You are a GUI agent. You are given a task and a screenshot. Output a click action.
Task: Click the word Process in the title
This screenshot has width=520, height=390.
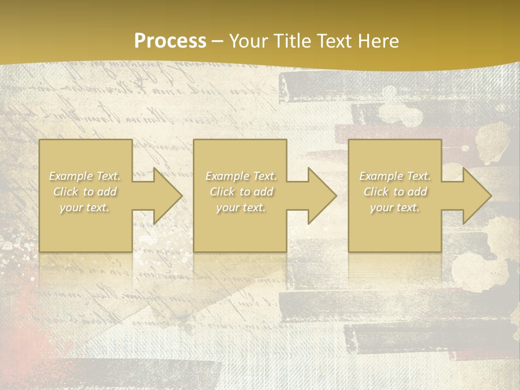click(170, 41)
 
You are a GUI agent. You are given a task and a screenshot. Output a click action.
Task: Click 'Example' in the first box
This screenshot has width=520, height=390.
click(70, 176)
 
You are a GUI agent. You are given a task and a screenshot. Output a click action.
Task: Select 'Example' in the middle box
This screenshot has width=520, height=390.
click(226, 176)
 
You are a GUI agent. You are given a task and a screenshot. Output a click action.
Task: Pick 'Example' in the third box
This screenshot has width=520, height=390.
click(380, 176)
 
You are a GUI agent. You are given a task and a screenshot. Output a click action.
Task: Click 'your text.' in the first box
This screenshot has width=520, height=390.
click(84, 207)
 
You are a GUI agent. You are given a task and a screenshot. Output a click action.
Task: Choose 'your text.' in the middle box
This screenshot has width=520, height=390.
click(240, 207)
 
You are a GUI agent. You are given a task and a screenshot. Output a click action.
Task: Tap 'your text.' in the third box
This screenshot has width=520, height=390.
click(395, 207)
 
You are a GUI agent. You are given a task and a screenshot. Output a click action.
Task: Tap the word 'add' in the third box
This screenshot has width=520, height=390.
click(417, 192)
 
